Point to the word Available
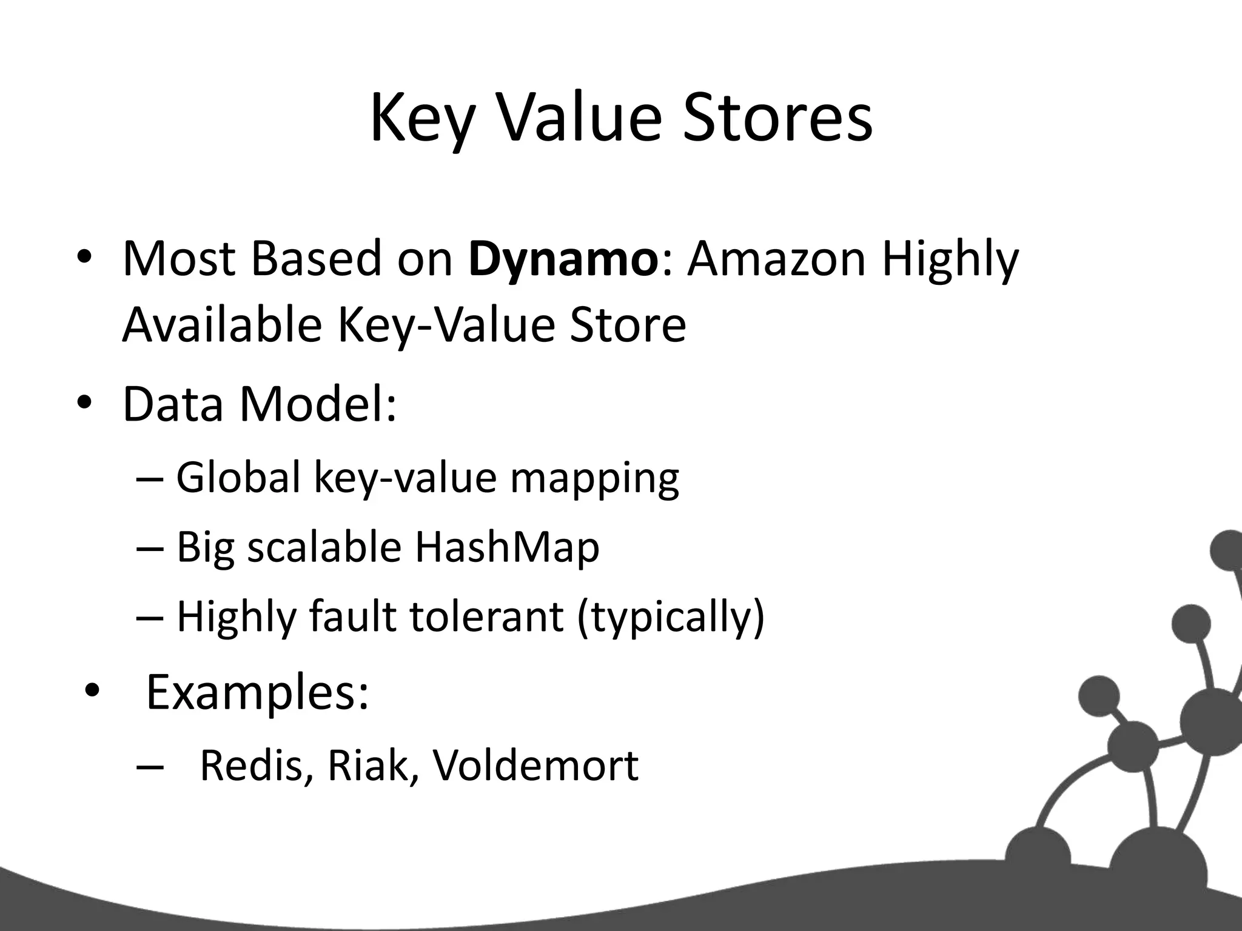click(x=221, y=324)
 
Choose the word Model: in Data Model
click(x=318, y=404)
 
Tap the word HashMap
click(x=507, y=547)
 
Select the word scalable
click(x=324, y=547)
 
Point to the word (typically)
click(x=670, y=617)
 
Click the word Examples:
click(x=257, y=693)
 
